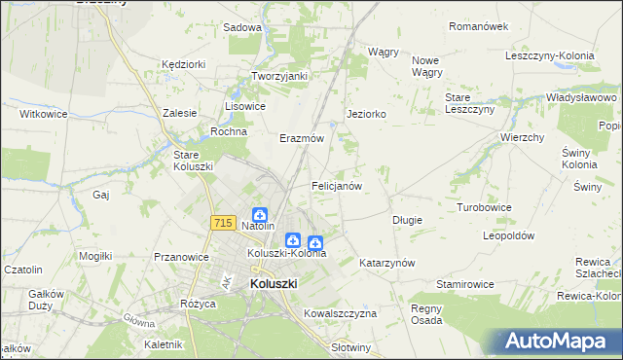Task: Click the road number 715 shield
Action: pos(221,224)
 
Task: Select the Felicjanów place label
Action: pos(337,185)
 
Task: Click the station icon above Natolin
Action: pos(260,214)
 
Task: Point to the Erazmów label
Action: pos(301,138)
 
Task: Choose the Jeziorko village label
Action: pos(367,114)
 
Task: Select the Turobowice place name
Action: pos(485,208)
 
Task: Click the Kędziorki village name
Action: pos(185,64)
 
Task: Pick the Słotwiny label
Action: pos(351,347)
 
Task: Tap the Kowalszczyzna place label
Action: pos(340,314)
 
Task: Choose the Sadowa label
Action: pos(242,27)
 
